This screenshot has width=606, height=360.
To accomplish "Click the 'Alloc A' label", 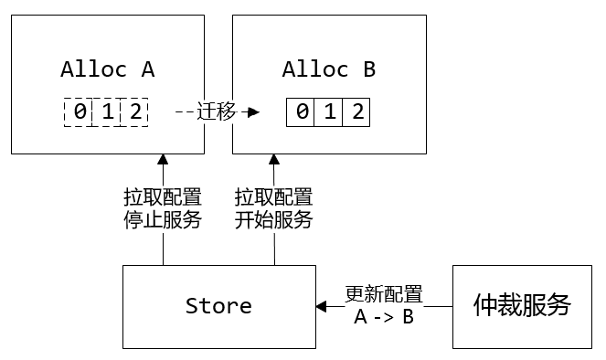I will point(108,69).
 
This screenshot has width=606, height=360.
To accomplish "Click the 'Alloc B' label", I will point(328,69).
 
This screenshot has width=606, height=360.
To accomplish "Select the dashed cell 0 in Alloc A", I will point(79,112).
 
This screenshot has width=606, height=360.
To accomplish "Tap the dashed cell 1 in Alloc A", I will point(107,112).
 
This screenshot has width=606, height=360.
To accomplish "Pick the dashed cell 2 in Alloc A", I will point(134,112).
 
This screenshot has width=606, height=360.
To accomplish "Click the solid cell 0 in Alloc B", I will point(301,112).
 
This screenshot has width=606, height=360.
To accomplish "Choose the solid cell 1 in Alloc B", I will point(329,112).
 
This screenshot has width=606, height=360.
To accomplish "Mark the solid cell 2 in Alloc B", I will point(356,112).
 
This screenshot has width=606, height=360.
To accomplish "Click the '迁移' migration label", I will point(217,111).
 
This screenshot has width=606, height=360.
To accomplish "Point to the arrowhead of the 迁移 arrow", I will point(253,112).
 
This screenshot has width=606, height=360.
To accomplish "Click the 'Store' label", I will point(218,305).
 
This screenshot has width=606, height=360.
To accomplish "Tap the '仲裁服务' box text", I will point(521,305).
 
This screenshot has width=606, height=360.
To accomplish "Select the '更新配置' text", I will point(384,294).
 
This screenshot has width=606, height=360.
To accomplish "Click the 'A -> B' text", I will point(384,317).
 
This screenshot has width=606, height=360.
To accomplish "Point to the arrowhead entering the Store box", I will point(322,306).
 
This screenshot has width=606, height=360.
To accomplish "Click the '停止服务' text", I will point(163,219).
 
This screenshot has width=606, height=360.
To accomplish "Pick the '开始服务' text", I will point(273,219).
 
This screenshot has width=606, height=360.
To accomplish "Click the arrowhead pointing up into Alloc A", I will point(163,159).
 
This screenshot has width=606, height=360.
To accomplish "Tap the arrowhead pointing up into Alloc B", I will point(273,159).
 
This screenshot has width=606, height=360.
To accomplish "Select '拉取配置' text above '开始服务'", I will point(273,197).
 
